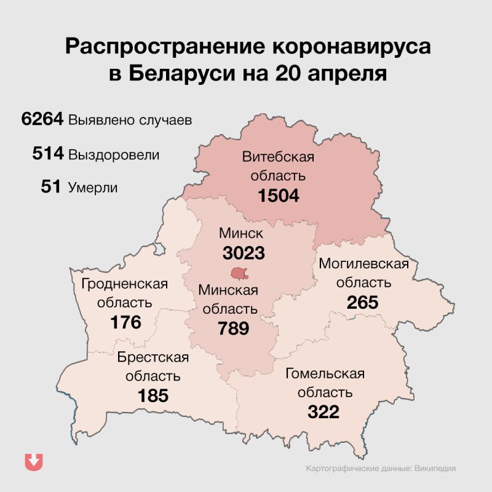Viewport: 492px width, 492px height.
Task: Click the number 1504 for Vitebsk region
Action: pyautogui.click(x=278, y=196)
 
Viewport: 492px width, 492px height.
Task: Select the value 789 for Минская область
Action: pyautogui.click(x=234, y=328)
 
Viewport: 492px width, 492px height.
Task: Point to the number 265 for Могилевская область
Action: pyautogui.click(x=362, y=303)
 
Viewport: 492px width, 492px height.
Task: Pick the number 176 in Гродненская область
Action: pyautogui.click(x=126, y=322)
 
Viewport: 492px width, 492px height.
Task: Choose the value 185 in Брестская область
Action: pyautogui.click(x=153, y=395)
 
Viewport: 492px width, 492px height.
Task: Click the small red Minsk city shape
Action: pyautogui.click(x=239, y=272)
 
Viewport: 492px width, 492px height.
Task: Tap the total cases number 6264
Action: pyautogui.click(x=42, y=119)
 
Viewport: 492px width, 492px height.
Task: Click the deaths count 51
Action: pyautogui.click(x=50, y=187)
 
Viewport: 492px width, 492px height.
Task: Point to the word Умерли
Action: pyautogui.click(x=92, y=188)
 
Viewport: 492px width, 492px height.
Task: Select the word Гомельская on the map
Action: pyautogui.click(x=324, y=373)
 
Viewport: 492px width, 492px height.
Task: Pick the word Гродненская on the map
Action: pyautogui.click(x=125, y=284)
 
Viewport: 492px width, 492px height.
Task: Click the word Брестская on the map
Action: pyautogui.click(x=153, y=357)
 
